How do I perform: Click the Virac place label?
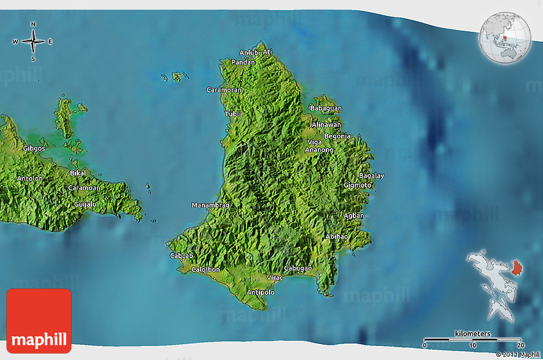(275, 278)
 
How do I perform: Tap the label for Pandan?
(243, 63)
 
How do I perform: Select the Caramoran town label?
(224, 90)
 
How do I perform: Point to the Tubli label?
(233, 114)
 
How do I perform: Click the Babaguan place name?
(326, 109)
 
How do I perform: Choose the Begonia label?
(337, 136)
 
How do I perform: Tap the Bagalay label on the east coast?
(371, 176)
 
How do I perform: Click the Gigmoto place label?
(358, 185)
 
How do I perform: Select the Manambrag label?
(211, 206)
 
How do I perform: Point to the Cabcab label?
(181, 256)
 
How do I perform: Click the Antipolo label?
(260, 292)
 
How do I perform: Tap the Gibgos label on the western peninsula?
(34, 148)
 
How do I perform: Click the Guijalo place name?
(85, 204)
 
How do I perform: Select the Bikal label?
(78, 173)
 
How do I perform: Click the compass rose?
(33, 41)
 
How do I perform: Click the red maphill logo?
(39, 321)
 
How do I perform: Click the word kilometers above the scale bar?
(473, 334)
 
